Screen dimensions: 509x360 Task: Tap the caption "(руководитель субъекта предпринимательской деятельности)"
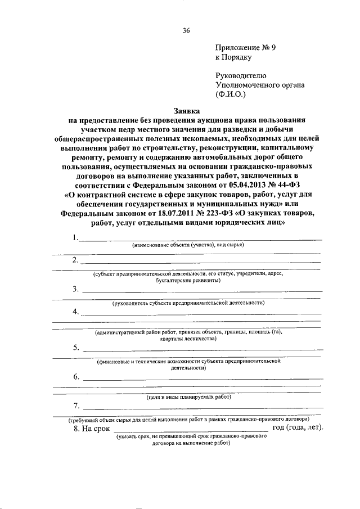tap(188, 303)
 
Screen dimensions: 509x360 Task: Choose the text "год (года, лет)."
tap(298, 428)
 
